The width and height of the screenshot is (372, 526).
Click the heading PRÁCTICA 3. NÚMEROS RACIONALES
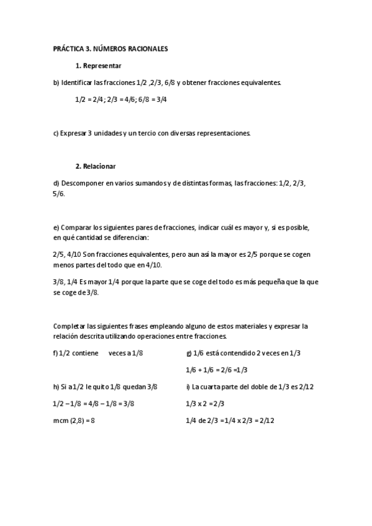pyautogui.click(x=111, y=48)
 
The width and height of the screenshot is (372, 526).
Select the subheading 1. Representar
pyautogui.click(x=98, y=65)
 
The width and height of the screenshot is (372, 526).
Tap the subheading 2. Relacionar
pyautogui.click(x=96, y=166)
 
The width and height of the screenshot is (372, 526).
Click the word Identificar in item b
pyautogui.click(x=78, y=82)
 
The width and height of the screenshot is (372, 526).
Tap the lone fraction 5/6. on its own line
pyautogui.click(x=59, y=193)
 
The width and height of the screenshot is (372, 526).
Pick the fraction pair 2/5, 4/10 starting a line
pyautogui.click(x=66, y=254)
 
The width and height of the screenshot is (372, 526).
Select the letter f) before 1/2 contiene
pyautogui.click(x=55, y=353)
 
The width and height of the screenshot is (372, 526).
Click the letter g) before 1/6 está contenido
pyautogui.click(x=189, y=353)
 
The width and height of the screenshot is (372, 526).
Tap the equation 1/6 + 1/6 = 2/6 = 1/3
pyautogui.click(x=216, y=370)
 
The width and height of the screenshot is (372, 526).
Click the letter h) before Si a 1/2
pyautogui.click(x=56, y=386)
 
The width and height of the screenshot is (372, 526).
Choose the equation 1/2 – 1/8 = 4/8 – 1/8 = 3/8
pyautogui.click(x=94, y=403)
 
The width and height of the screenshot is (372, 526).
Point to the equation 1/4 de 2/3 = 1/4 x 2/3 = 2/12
pyautogui.click(x=230, y=420)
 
